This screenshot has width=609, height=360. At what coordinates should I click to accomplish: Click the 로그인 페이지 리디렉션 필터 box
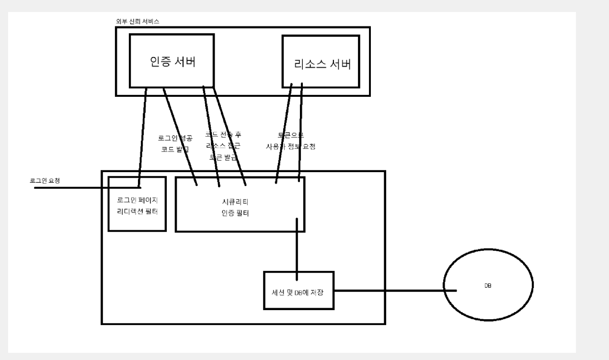point(137,204)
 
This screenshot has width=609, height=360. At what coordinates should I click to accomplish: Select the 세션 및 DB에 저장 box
point(299,290)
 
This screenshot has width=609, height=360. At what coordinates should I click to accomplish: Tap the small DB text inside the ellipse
point(488,286)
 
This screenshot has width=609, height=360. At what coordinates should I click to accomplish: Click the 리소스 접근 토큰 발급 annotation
point(223,146)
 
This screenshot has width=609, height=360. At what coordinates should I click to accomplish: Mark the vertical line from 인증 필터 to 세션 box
point(297,249)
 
